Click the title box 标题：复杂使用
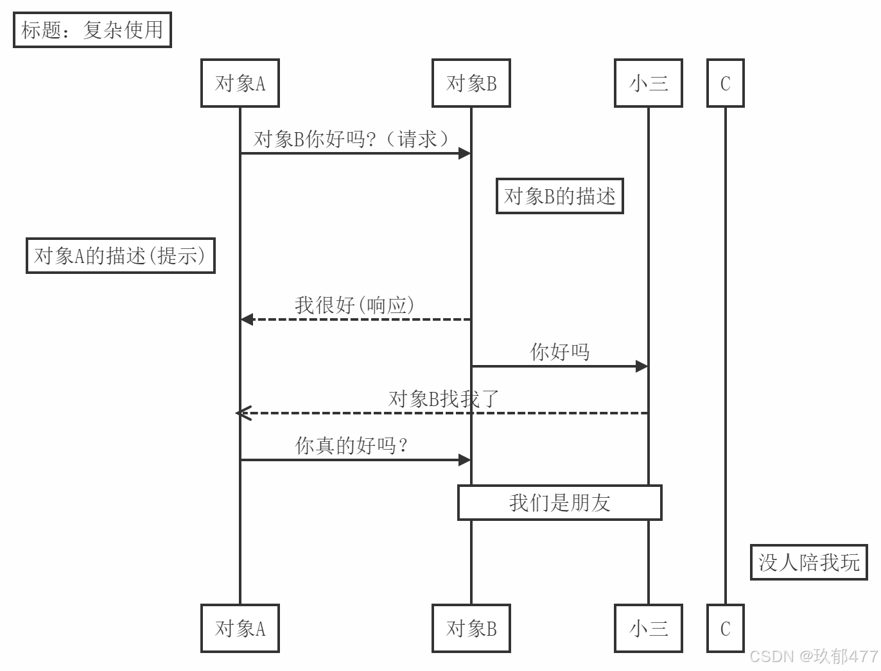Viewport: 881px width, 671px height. [92, 30]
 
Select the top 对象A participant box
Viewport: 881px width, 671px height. [240, 83]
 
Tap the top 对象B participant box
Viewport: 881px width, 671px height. [471, 83]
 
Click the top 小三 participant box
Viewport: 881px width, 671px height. [649, 83]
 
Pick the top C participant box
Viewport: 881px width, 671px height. [726, 83]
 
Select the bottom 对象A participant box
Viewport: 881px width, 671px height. [240, 629]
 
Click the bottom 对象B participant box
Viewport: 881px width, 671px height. [471, 629]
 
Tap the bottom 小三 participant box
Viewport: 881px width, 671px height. [649, 629]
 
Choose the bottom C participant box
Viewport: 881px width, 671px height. [726, 629]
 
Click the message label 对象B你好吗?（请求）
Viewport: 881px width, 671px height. [352, 139]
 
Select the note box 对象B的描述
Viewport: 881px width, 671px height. [560, 196]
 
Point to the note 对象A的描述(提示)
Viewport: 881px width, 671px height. [121, 256]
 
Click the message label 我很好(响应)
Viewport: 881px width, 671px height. [354, 305]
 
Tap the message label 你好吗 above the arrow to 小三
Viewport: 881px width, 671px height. [560, 352]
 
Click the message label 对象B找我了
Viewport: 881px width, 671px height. [444, 399]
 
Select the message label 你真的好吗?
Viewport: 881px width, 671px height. [352, 445]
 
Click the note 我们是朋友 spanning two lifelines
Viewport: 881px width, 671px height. [560, 503]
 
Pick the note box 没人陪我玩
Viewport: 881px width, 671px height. [809, 563]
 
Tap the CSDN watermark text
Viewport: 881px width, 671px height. [814, 656]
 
